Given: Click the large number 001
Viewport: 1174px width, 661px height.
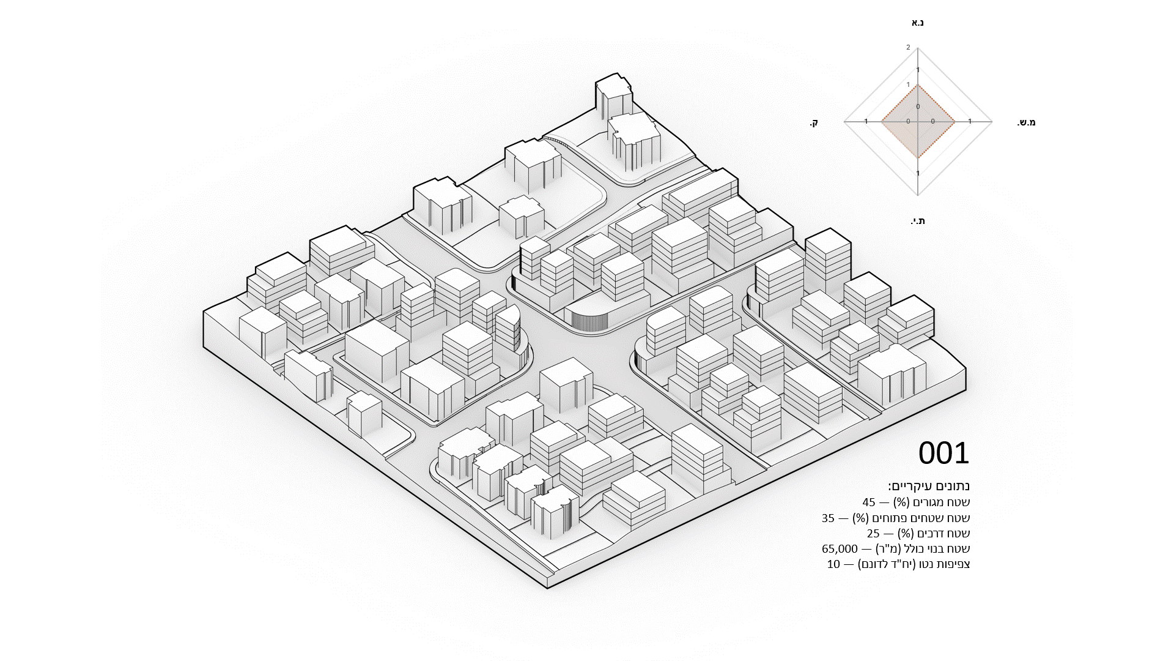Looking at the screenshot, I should coord(943,454).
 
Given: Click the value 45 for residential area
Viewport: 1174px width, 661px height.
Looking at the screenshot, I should coord(869,502).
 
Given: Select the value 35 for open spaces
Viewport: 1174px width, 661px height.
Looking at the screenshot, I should coord(828,518).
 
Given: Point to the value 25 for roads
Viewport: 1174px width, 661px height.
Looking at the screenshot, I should coord(873,534).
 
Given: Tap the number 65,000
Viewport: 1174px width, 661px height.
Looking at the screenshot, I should coord(840,549).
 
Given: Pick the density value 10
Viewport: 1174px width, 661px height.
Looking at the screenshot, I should coord(833,564).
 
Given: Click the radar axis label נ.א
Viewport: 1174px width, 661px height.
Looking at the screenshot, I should coord(917,23).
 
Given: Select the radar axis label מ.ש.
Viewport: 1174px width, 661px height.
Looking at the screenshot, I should coord(1026,122).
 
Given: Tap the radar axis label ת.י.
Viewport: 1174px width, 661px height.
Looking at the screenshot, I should coord(917,221).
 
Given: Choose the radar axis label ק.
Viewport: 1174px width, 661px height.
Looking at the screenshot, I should coord(814,123).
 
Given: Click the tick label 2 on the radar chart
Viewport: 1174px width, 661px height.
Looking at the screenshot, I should coord(908,47).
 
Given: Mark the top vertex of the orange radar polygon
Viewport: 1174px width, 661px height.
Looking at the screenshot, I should coord(918,86).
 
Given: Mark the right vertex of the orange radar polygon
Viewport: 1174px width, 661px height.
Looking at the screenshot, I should coord(955,122).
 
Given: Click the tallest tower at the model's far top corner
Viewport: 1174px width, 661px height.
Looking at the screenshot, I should coord(613,98).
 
